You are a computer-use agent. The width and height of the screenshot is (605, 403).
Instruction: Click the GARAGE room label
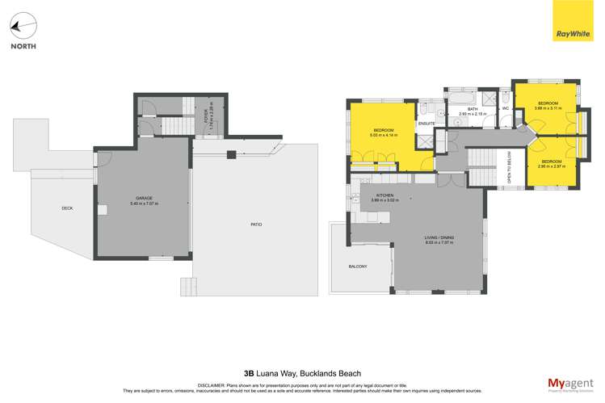tap(144, 197)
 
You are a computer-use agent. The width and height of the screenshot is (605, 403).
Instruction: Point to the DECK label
tap(67, 208)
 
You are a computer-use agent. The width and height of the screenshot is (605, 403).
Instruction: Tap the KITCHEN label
tap(384, 196)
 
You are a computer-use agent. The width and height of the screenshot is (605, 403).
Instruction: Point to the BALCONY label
tap(358, 267)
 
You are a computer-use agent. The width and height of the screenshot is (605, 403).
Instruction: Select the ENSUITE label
tap(426, 124)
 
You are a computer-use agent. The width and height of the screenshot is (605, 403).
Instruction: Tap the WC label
tap(505, 108)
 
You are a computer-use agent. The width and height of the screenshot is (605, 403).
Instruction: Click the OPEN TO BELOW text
tap(507, 171)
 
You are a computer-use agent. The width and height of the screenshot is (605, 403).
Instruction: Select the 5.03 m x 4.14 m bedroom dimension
tap(383, 136)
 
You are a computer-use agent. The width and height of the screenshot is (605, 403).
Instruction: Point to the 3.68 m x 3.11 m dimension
tap(548, 108)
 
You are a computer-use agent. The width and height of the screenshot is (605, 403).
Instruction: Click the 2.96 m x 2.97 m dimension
tap(552, 166)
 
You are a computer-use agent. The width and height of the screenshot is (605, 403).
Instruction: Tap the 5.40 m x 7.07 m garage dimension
tap(144, 203)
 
